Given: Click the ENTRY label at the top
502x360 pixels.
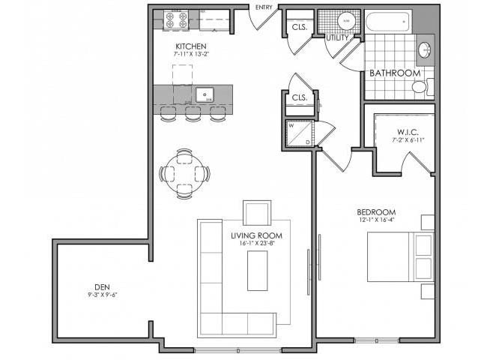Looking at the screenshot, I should click(x=264, y=7).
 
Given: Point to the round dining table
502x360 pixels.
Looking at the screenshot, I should click(x=184, y=173).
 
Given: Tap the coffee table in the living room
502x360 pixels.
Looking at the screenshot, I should click(x=257, y=270).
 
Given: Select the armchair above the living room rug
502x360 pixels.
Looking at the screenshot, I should click(x=257, y=212).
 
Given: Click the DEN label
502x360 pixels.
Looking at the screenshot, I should click(x=102, y=286).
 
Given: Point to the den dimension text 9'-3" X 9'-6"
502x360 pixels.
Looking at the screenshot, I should click(x=102, y=295).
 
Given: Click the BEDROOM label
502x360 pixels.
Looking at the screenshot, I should click(x=375, y=212).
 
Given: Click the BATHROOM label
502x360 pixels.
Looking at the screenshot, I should click(x=394, y=73).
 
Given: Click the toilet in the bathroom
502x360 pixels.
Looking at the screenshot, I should click(x=420, y=87).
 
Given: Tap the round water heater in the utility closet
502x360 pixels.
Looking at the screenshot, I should click(x=345, y=22).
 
